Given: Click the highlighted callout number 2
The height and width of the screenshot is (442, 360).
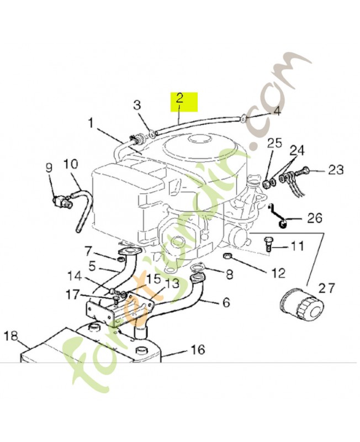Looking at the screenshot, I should point(179,100).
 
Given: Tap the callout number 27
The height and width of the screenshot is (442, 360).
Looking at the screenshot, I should point(327,288).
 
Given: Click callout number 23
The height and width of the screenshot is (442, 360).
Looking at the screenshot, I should point(336,170).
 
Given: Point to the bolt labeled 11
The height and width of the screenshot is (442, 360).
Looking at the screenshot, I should point(269,244).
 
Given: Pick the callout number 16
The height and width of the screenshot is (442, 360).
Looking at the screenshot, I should point(197,349).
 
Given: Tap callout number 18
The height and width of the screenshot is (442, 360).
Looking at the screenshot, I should point(11,336).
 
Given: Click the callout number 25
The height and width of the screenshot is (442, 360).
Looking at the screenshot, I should point(274,144).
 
